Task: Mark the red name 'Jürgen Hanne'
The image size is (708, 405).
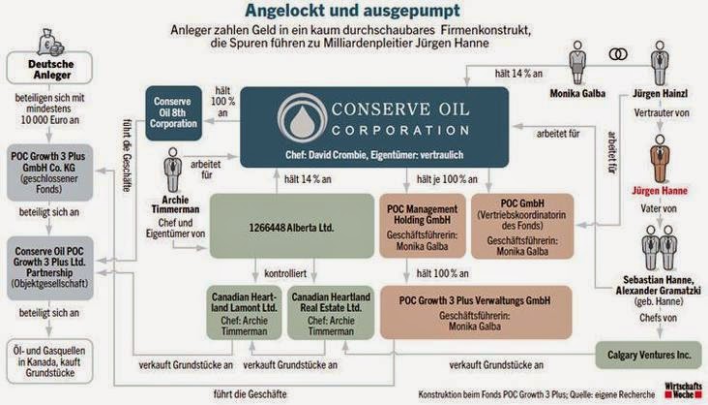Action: [x=659, y=192]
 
